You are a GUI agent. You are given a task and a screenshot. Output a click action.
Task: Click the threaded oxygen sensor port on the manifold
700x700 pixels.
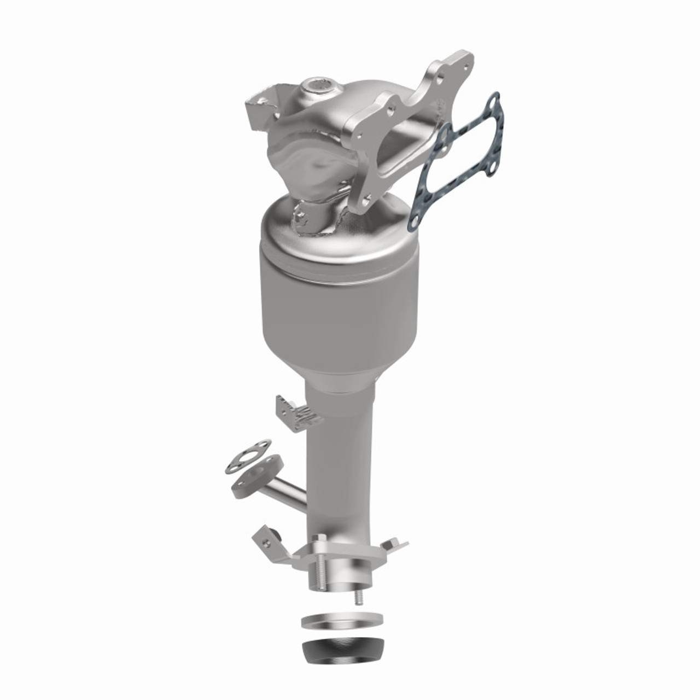[x=316, y=85]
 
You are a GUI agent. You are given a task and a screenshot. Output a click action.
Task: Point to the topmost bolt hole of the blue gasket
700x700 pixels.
[x=493, y=101]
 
